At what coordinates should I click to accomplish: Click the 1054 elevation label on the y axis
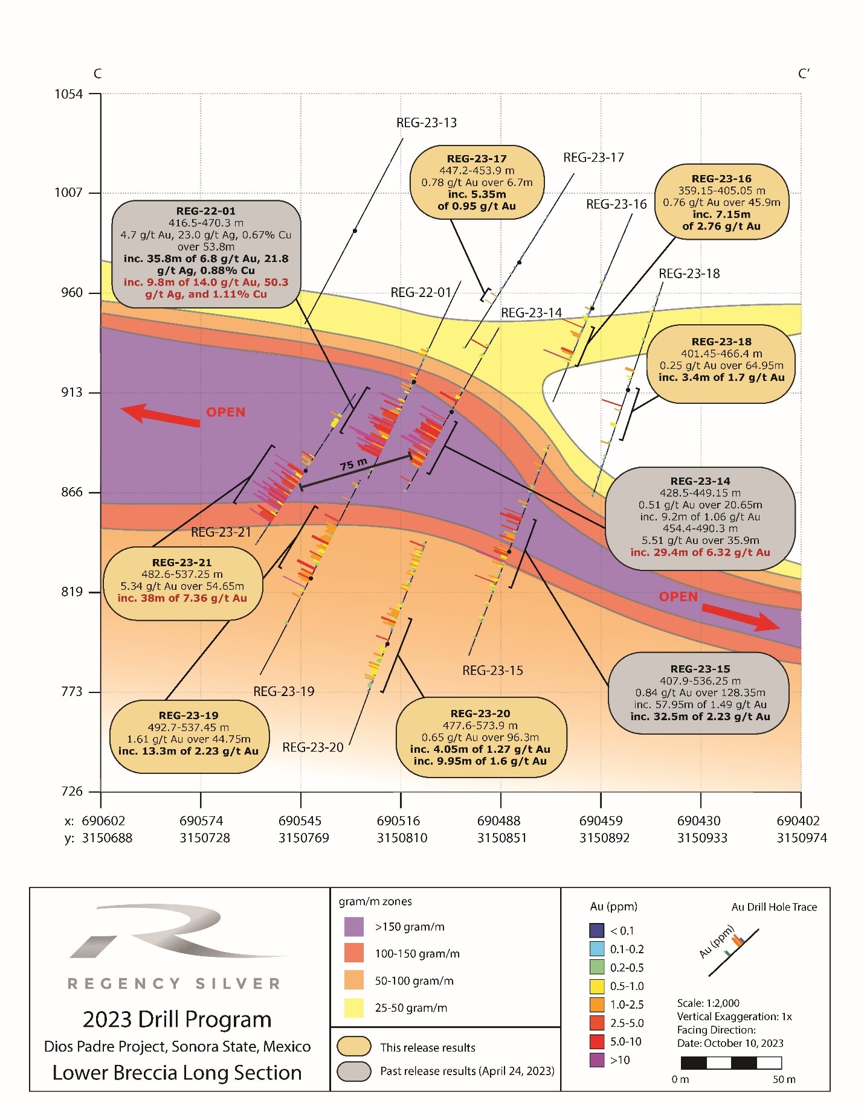(x=68, y=94)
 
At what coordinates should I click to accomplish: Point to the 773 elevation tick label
(x=71, y=691)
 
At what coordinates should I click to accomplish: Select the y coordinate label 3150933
(x=702, y=838)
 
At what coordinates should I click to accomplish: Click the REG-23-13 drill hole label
(x=426, y=123)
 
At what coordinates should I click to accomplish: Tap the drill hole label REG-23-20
(x=312, y=747)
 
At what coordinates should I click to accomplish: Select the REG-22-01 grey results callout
(x=206, y=252)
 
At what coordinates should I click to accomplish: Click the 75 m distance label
(x=353, y=464)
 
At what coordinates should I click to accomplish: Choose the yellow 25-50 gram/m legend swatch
(x=354, y=1008)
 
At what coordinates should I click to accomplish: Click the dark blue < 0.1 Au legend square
(x=596, y=930)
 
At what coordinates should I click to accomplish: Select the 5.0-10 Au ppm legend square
(x=596, y=1041)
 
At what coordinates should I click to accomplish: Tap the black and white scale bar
(x=731, y=1062)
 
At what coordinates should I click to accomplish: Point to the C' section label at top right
(x=804, y=74)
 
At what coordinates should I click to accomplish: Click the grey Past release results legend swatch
(x=354, y=1071)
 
